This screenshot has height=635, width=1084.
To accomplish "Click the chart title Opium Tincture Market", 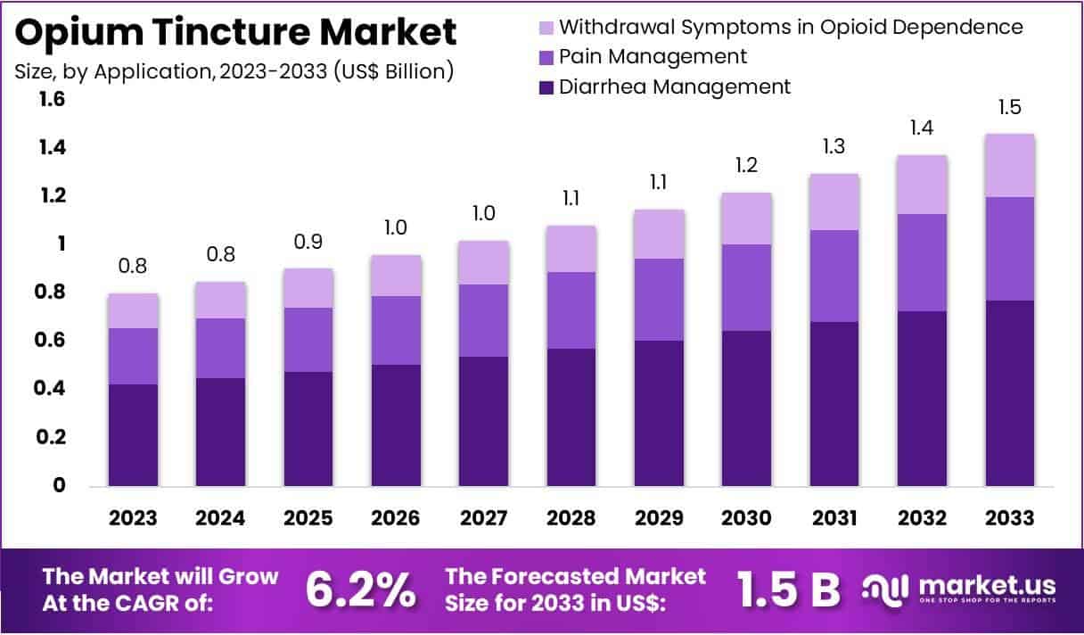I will [x=236, y=32].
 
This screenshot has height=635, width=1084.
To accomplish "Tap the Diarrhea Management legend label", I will [x=674, y=87].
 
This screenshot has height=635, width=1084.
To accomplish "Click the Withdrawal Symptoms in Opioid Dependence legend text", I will [x=790, y=27].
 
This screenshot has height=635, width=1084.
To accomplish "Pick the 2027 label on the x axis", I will [x=484, y=518].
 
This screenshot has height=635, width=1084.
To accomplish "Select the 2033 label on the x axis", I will [x=1010, y=518].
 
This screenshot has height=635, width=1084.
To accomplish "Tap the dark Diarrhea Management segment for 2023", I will [x=134, y=435].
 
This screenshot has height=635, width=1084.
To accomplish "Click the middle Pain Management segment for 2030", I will [x=747, y=287].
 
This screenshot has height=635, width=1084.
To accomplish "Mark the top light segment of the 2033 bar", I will [x=1010, y=165].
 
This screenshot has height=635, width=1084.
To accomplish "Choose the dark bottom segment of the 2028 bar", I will [x=571, y=417].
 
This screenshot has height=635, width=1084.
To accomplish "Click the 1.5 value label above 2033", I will [x=1010, y=108].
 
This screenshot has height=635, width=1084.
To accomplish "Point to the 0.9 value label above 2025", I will [x=308, y=242].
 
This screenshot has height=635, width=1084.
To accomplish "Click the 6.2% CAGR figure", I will [x=360, y=590].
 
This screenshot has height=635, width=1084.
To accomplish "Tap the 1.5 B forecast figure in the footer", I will [x=789, y=590].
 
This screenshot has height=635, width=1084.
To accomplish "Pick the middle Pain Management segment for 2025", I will [x=308, y=340].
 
